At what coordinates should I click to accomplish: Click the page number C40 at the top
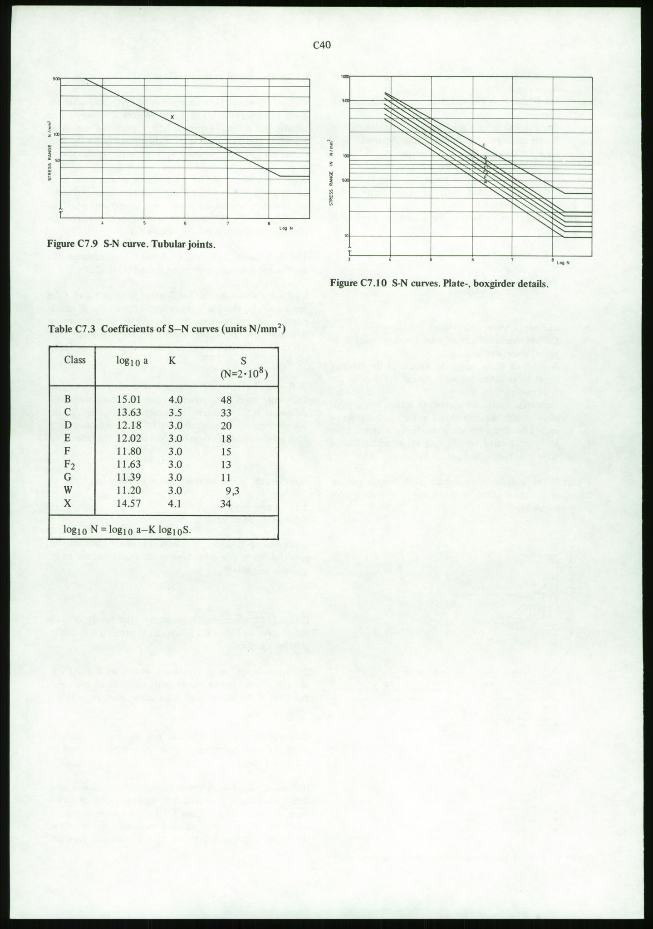[322, 45]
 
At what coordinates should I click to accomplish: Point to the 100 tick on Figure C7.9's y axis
[57, 134]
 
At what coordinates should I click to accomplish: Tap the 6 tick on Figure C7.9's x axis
[186, 223]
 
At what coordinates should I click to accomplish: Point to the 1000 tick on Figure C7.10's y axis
[344, 77]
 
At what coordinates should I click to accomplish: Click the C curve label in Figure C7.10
[484, 145]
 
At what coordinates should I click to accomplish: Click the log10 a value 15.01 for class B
[128, 400]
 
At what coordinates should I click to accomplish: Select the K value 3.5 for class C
[175, 413]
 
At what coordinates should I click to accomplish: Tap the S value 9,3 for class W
[232, 490]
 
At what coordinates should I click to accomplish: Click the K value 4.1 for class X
[175, 504]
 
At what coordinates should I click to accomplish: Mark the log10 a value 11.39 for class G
[128, 478]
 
